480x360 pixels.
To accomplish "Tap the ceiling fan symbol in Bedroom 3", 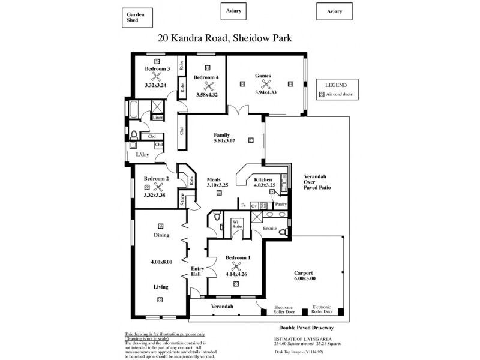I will coord(157,77).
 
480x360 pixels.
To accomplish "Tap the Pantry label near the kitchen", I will coord(281,205).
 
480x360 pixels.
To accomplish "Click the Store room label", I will coord(182,200).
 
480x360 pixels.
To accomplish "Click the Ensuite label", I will coord(269,229).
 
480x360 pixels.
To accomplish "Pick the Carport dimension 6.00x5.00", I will coord(305,278).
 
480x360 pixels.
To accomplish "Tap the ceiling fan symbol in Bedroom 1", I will coord(236,266).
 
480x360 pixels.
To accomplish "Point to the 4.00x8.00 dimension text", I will coord(161,262).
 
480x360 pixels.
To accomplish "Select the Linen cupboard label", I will coord(158,118).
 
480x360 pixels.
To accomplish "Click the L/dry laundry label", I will coord(143,155).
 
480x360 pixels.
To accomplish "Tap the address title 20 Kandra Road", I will coord(224,38).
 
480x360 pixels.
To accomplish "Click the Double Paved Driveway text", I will coord(306,328).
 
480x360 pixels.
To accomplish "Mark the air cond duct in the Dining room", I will coord(161,226).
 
